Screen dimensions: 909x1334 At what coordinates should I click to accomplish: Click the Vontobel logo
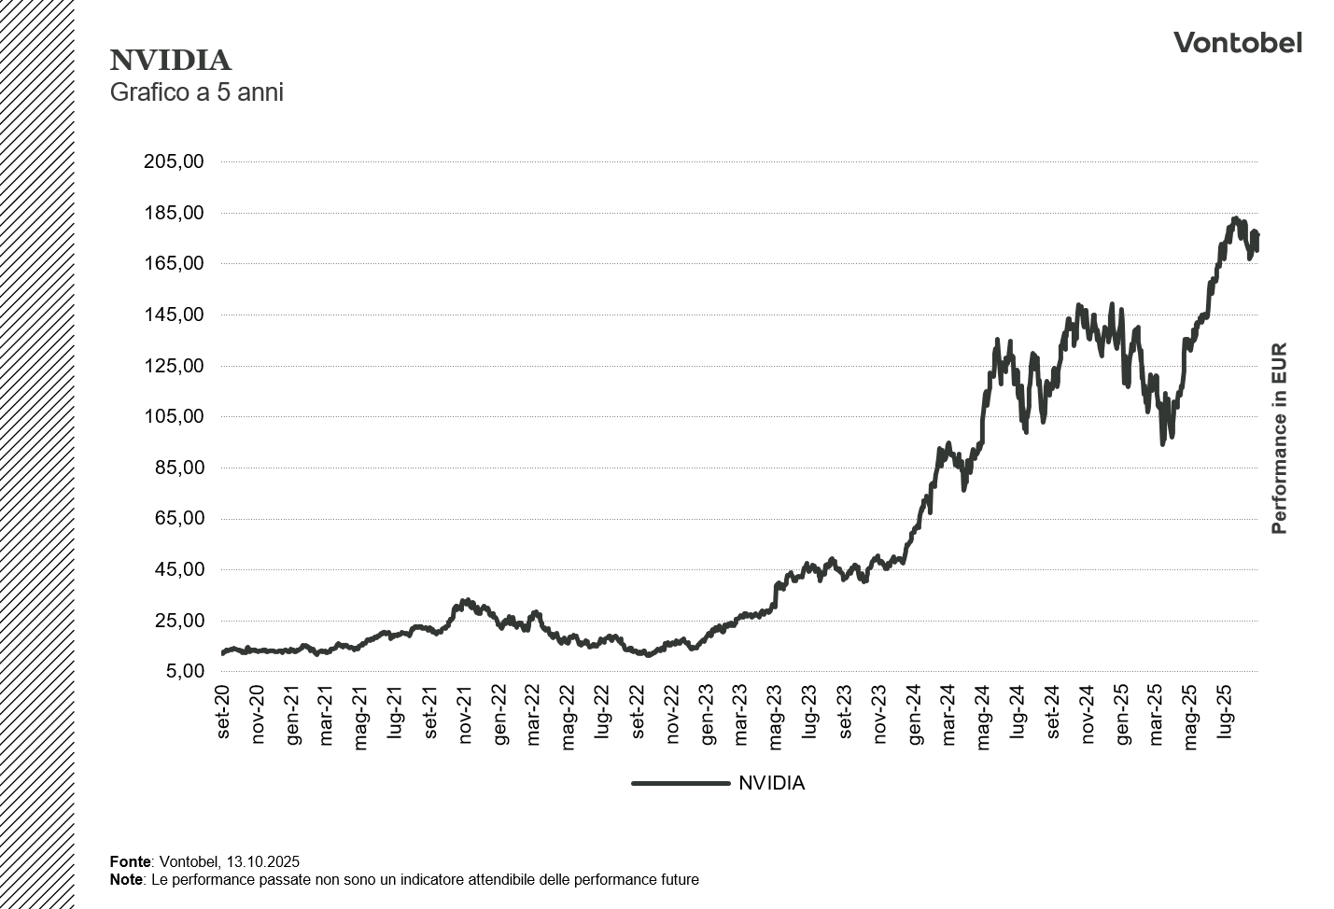[x=1237, y=43]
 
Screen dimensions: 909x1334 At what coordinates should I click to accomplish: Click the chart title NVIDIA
[x=170, y=61]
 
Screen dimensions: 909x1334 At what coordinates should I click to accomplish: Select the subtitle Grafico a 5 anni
[x=196, y=92]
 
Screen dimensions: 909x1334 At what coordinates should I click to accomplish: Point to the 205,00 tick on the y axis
[x=174, y=161]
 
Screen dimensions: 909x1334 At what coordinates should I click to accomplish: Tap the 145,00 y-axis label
[x=174, y=315]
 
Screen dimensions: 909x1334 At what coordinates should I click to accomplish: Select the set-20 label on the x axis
[x=223, y=712]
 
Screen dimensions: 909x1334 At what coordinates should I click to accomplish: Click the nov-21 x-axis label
[x=465, y=714]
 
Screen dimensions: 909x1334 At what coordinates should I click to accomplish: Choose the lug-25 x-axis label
[x=1225, y=712]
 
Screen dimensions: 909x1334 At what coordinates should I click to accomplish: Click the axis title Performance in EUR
[x=1279, y=439]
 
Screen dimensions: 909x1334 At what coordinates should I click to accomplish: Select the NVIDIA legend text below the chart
[x=771, y=783]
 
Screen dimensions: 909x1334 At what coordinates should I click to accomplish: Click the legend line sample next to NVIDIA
[x=680, y=783]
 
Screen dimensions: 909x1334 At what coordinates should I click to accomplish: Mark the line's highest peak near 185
[x=1235, y=219]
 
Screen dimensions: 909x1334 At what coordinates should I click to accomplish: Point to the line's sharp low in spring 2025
[x=1162, y=443]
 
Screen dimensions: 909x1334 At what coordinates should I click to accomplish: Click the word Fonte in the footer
[x=130, y=861]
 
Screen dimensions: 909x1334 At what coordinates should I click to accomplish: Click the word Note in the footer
[x=126, y=879]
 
